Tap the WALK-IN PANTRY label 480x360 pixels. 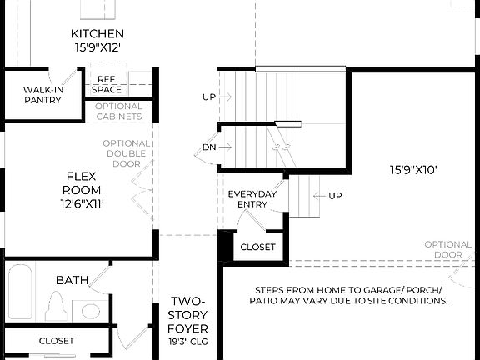[43, 93]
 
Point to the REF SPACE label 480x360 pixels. [106, 84]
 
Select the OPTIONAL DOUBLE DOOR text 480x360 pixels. [127, 154]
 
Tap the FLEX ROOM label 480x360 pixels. [82, 182]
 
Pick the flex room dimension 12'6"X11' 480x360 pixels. [82, 202]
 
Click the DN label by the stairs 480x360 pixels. [210, 147]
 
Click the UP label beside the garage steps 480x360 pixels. [335, 196]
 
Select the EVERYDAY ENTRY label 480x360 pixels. [252, 199]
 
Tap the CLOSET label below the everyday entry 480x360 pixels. [257, 247]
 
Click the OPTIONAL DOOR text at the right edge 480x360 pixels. [448, 249]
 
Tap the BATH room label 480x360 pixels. [72, 280]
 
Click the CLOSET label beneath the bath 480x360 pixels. [57, 341]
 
